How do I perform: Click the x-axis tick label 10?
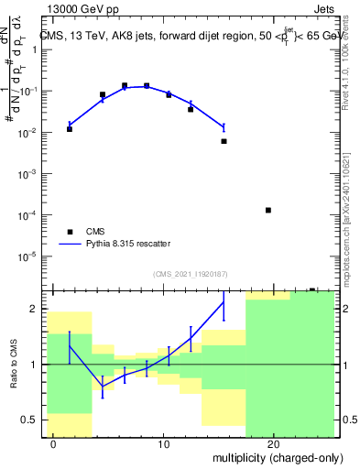[164, 445]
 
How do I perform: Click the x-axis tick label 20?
[274, 445]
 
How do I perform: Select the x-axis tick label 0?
[54, 445]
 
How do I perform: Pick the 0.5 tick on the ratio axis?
[34, 420]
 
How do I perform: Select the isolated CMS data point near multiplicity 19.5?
[268, 210]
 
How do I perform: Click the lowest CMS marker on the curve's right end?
[224, 141]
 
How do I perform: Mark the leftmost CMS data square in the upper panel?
[70, 129]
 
